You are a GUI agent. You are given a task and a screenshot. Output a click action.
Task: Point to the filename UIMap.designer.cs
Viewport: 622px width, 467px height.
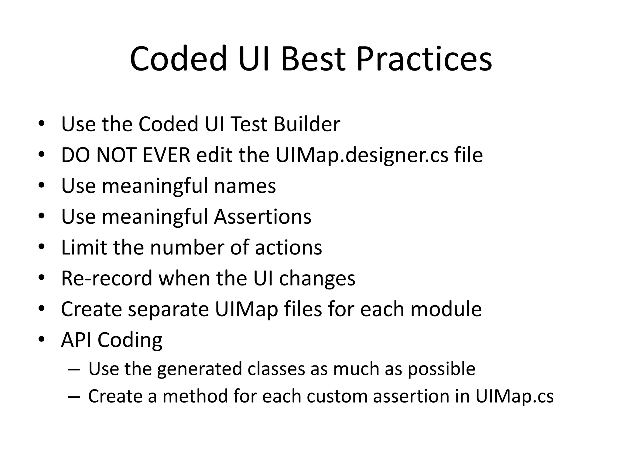coord(362,155)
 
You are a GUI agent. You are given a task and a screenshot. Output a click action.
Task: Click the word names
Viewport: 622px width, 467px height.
coord(245,186)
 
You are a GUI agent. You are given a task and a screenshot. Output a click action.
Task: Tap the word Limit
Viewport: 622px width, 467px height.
coord(84,247)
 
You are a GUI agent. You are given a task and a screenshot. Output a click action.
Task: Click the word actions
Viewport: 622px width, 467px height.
coord(288,247)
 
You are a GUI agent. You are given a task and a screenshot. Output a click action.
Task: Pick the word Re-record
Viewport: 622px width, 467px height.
coord(107,278)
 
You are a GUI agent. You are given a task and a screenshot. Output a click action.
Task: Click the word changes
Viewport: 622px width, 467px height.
coord(317,279)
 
